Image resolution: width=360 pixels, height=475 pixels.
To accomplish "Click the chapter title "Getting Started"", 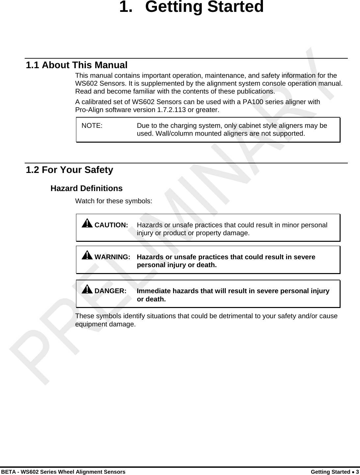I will [x=204, y=7].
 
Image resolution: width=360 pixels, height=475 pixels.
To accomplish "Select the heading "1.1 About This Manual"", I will [x=77, y=65].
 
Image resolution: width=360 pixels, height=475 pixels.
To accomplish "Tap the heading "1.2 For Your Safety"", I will [x=69, y=170].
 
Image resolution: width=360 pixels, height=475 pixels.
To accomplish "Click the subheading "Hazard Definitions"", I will [x=86, y=188].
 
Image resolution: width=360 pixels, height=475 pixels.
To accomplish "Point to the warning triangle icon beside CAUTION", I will [x=87, y=224].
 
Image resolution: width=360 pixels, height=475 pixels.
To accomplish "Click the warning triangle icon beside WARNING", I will [x=87, y=255].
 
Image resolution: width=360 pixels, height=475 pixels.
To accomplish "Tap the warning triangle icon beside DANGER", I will [x=87, y=290].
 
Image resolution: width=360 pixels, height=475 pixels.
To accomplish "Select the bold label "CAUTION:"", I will [x=111, y=225].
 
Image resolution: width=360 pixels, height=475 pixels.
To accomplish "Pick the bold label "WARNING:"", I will [x=112, y=257].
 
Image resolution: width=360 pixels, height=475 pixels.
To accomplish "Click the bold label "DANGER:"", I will [x=111, y=291].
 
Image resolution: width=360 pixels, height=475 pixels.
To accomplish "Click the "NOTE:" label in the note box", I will [x=92, y=126].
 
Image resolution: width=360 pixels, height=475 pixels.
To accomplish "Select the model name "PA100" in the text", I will [x=252, y=102].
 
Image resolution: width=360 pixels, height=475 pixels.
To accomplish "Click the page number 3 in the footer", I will [x=357, y=472].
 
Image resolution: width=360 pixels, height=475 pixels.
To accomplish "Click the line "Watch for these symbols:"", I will [x=114, y=201].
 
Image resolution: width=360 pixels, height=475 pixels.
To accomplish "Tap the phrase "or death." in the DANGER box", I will [x=151, y=299].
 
